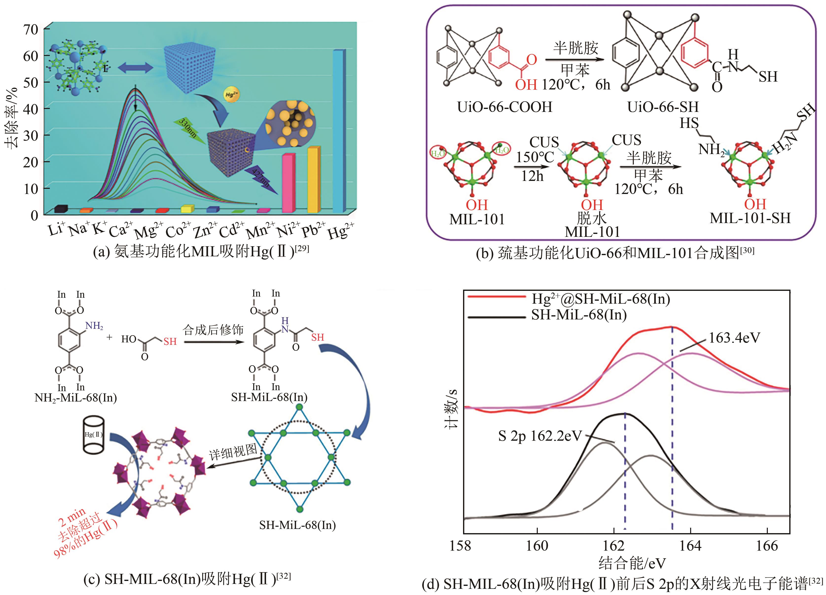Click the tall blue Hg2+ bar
[x=339, y=131]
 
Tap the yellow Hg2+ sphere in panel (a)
[x=232, y=95]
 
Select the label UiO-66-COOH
[x=504, y=107]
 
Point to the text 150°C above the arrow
[x=535, y=157]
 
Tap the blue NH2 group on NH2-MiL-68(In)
[x=94, y=326]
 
